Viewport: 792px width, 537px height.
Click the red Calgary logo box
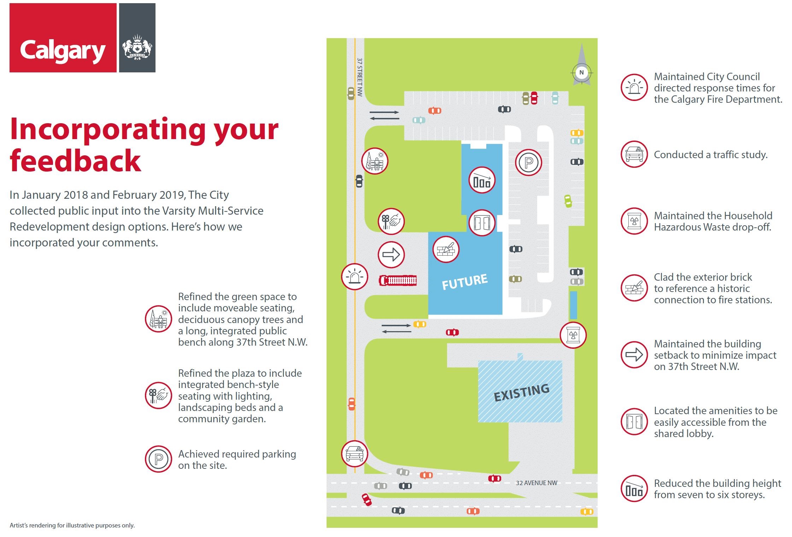tap(63, 38)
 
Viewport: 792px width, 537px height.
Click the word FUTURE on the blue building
tap(465, 281)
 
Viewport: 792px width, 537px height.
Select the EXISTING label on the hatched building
tap(522, 392)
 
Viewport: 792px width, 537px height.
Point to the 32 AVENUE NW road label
tap(536, 483)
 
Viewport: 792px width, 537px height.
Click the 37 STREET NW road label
tap(359, 77)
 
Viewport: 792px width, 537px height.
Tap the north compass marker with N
tap(581, 73)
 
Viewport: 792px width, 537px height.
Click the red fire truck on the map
tap(398, 280)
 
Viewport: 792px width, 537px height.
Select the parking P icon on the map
tap(528, 163)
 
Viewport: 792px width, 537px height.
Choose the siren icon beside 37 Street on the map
tap(354, 276)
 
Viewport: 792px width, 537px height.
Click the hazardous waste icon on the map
tap(573, 335)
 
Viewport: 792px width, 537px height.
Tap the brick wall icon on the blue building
tap(446, 249)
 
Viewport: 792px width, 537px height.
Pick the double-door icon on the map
tap(482, 223)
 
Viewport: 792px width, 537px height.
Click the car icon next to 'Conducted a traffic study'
tap(634, 154)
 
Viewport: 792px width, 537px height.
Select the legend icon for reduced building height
tap(634, 489)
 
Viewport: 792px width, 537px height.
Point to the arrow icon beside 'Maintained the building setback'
tap(634, 355)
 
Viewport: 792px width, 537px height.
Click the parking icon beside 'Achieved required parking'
tap(158, 459)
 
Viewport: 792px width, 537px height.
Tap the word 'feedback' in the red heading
tap(75, 161)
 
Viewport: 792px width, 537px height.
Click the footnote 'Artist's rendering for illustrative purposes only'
tap(72, 525)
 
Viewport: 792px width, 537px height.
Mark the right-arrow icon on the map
tap(391, 254)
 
